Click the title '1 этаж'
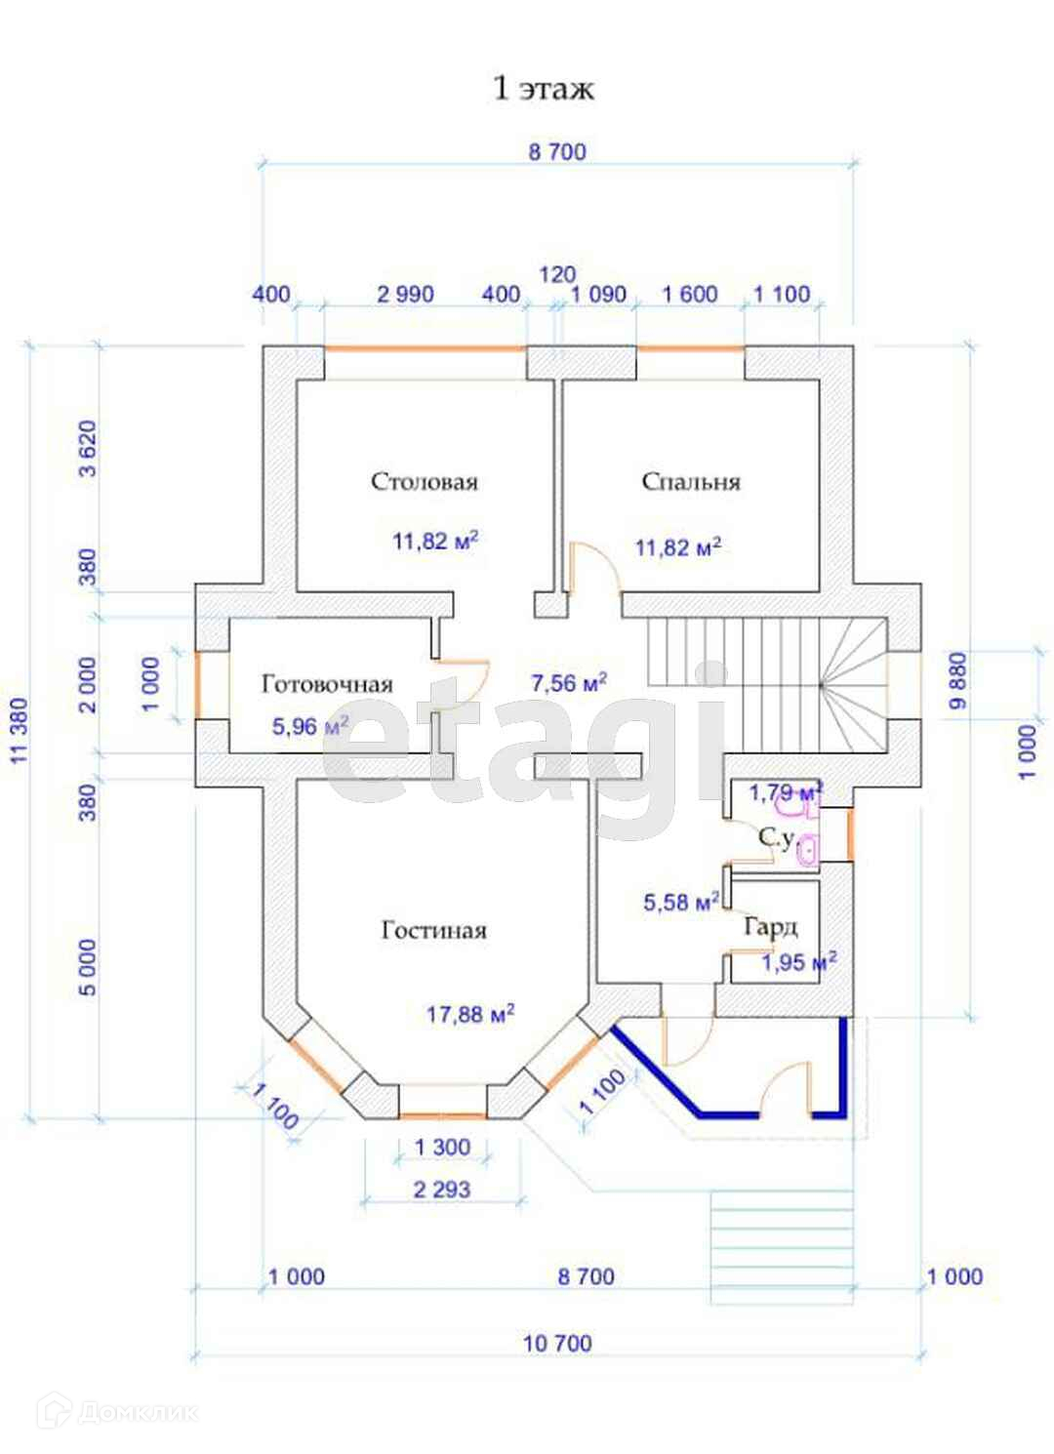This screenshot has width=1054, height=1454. [543, 89]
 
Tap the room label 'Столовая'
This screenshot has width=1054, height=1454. [425, 482]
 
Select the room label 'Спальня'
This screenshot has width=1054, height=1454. [691, 482]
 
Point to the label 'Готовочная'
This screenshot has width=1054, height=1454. [327, 685]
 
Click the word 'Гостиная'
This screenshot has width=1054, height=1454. [433, 931]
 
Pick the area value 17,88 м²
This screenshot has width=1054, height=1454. [470, 1015]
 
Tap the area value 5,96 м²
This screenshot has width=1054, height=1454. [310, 726]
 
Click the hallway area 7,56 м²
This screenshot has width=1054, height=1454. [569, 683]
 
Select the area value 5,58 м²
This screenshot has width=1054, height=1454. [681, 903]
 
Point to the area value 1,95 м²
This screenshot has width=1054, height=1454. [798, 963]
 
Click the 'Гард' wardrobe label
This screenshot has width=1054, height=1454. [770, 926]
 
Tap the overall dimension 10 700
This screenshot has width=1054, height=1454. [557, 1344]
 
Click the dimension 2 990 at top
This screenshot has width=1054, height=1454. [405, 294]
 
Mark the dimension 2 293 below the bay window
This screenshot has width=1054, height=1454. [442, 1190]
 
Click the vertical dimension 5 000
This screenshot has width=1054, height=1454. [88, 967]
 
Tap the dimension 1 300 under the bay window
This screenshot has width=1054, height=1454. [442, 1148]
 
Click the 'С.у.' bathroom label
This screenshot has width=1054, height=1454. [778, 836]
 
